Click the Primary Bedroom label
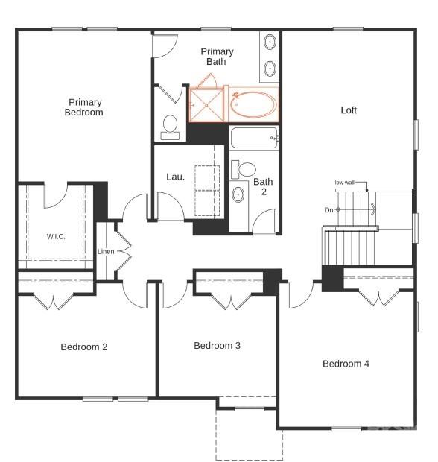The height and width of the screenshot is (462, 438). coord(85,107)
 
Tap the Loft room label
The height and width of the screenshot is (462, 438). coord(349,110)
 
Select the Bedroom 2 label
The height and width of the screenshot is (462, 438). coord(84,346)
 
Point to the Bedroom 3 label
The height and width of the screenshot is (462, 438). coord(217,346)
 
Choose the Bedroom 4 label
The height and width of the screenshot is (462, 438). coord(346,364)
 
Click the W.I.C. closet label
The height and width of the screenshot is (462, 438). coord(56,237)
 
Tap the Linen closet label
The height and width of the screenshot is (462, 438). coord(106,252)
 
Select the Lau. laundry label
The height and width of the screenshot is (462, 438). coord(175,177)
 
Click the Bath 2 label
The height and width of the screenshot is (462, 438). coord(263,186)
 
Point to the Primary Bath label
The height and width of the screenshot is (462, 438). coord(217,57)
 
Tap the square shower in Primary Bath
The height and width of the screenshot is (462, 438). coord(206,105)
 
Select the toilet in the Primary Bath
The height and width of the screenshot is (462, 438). coord(170,126)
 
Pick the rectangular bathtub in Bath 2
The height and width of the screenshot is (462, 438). coord(253,138)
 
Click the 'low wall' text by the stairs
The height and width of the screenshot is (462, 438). coord(344,183)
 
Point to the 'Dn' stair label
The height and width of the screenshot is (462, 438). coord(328,210)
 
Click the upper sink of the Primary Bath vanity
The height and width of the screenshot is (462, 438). coord(270,41)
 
